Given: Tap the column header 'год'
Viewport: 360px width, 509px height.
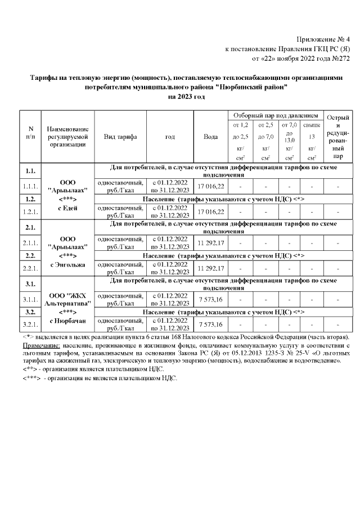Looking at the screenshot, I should pos(170,137).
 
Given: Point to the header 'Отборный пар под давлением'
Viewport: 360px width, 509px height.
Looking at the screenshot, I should pos(275,114).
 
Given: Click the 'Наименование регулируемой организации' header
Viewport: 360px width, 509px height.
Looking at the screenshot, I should pos(67,137).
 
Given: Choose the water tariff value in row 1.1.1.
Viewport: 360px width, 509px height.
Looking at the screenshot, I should pos(211,186).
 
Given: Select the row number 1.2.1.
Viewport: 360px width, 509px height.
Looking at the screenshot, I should pos(31,211).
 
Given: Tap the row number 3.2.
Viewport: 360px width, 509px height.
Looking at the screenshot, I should pos(31,312).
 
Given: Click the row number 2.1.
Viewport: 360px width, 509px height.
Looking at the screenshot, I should pos(31,228).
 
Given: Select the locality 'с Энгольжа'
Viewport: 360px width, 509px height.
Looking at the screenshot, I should pos(67,265).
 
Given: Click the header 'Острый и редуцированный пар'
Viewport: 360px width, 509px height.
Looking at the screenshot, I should pos(337,137).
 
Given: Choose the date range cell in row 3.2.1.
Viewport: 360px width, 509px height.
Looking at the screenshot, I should pos(170,325).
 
